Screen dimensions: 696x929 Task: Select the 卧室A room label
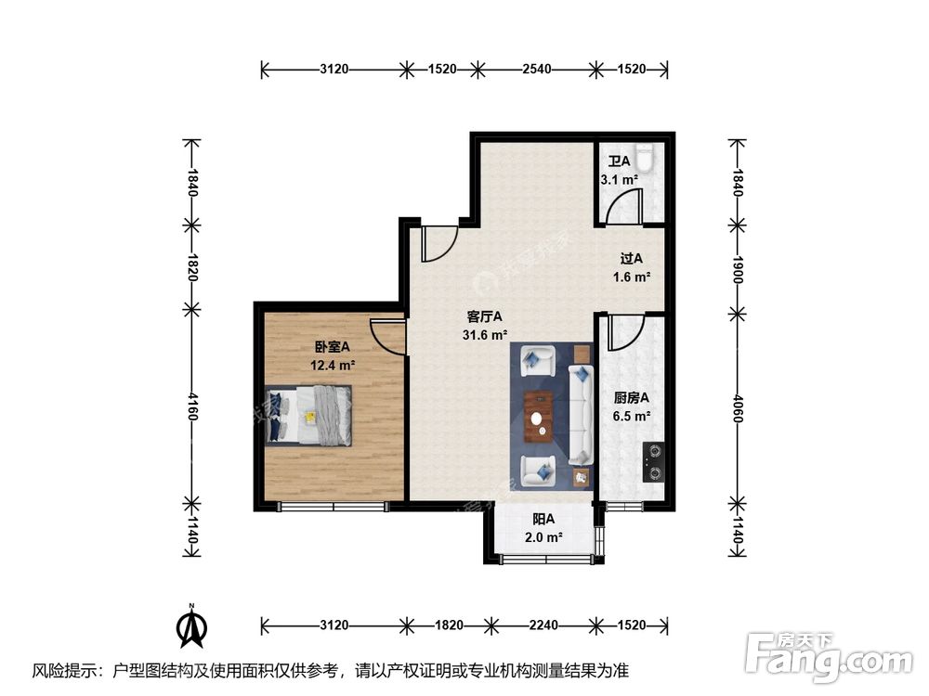(x=332, y=346)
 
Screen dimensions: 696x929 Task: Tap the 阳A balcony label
(x=543, y=519)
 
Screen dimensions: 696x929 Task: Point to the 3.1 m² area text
(x=619, y=179)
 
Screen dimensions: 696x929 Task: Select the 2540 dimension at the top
(x=537, y=69)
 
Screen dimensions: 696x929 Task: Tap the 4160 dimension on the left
(x=192, y=405)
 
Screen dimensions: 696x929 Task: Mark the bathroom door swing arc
(x=621, y=206)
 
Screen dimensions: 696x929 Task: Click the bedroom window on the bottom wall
(x=333, y=507)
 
